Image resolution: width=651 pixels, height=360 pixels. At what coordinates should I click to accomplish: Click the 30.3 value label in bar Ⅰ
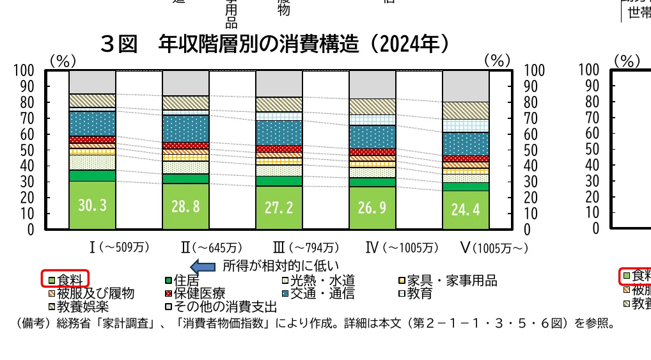tap(92, 206)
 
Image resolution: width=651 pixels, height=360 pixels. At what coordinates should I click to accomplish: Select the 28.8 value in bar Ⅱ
tap(185, 207)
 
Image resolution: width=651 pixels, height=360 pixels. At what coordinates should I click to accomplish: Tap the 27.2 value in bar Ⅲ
tap(279, 208)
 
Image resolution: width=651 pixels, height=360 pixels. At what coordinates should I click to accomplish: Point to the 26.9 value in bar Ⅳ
tap(372, 208)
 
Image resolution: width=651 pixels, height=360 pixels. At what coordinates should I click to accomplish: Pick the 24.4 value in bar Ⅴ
tap(466, 210)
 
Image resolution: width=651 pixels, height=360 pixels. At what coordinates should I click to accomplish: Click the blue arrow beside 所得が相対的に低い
tap(204, 265)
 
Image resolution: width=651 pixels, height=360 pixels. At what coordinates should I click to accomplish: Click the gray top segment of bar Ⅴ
tap(466, 86)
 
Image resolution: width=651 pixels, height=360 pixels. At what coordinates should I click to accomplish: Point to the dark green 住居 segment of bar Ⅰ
tap(92, 175)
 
